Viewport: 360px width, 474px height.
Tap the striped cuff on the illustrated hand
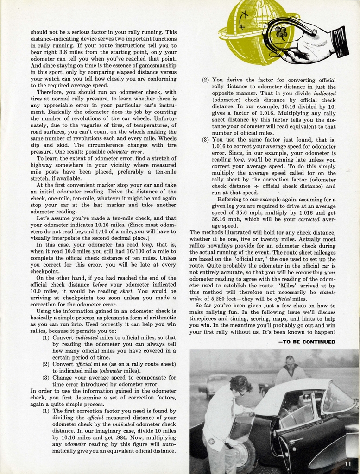point(341,42)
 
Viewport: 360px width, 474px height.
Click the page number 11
point(348,464)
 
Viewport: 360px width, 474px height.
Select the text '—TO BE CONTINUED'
point(306,342)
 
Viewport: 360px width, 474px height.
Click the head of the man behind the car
point(290,362)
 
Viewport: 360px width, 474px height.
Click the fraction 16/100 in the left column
point(126,251)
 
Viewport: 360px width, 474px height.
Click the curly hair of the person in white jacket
point(240,383)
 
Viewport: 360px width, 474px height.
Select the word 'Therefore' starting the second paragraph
point(50,92)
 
